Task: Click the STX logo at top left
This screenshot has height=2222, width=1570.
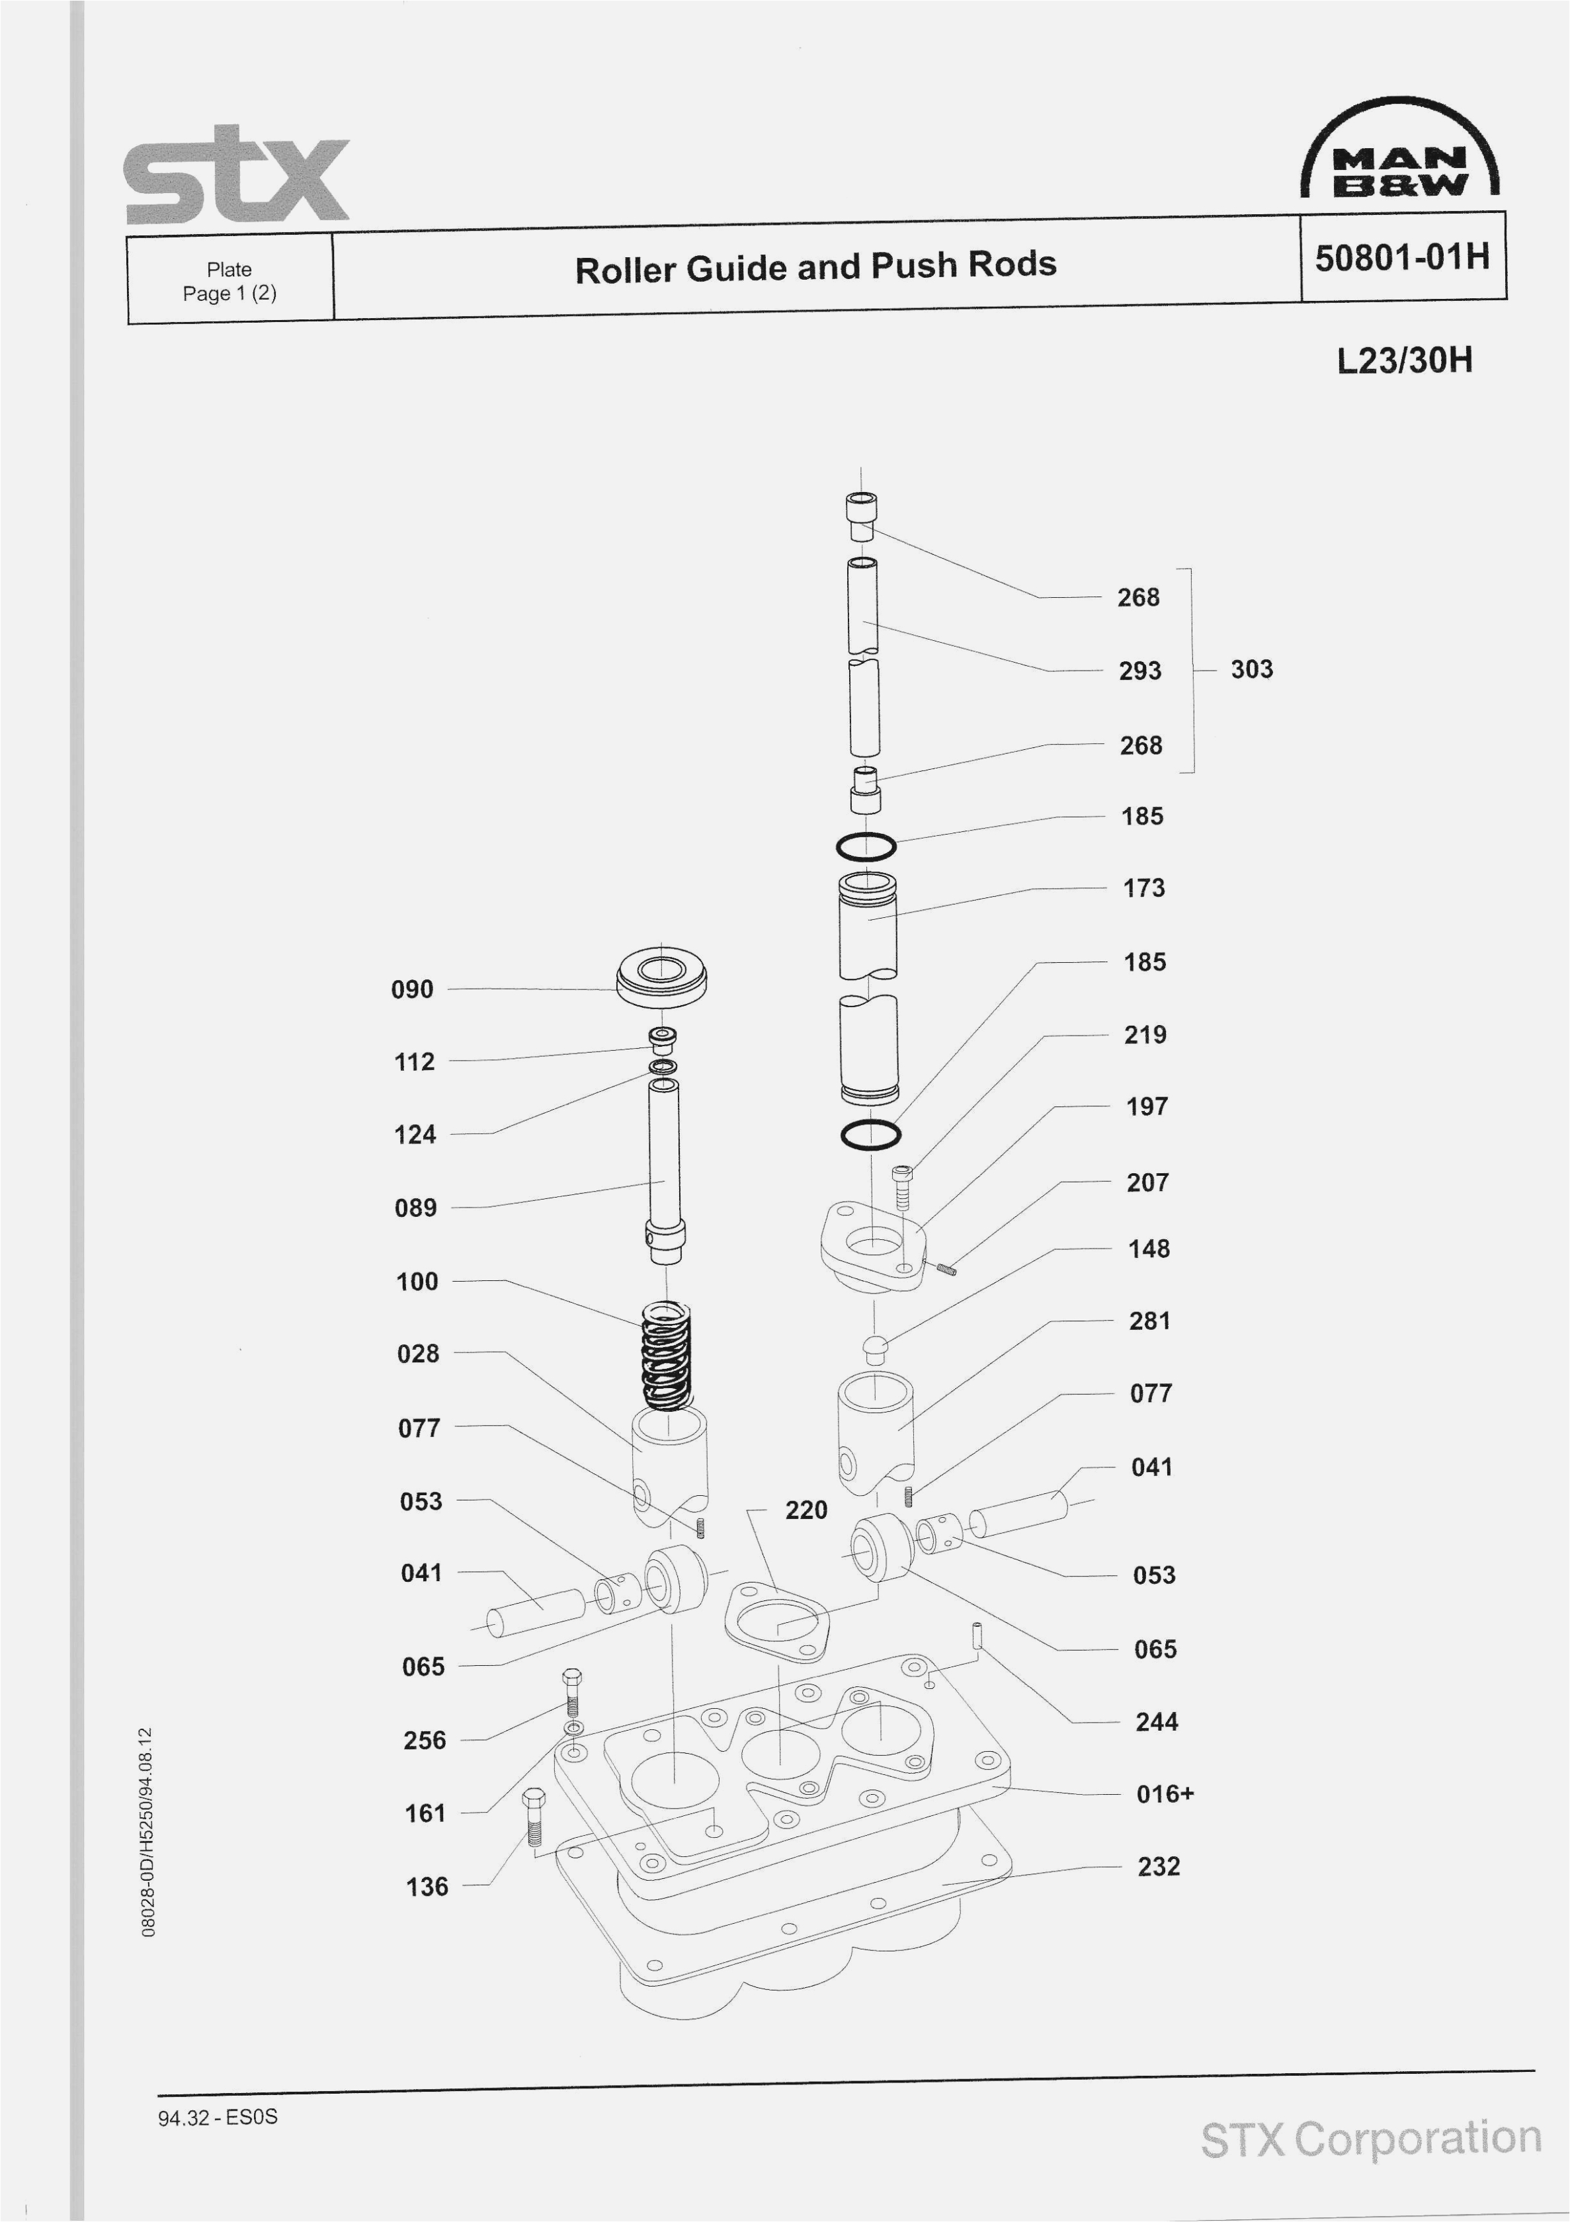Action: pyautogui.click(x=236, y=176)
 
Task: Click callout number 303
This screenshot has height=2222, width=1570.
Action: pyautogui.click(x=1251, y=669)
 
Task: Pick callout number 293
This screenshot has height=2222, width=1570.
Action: pyautogui.click(x=1139, y=671)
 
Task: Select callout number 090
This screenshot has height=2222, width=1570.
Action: pyautogui.click(x=413, y=989)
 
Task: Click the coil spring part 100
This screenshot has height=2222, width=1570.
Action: pyautogui.click(x=667, y=1356)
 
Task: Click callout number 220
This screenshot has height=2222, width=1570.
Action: pyautogui.click(x=806, y=1510)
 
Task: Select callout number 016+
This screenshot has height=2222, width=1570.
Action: pyautogui.click(x=1165, y=1793)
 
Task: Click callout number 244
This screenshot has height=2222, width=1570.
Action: pyautogui.click(x=1156, y=1721)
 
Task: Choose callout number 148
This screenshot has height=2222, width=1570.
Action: pyautogui.click(x=1148, y=1249)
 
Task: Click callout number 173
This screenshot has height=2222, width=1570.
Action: pyautogui.click(x=1143, y=887)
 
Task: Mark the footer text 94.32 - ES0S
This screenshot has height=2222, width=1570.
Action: pyautogui.click(x=218, y=2116)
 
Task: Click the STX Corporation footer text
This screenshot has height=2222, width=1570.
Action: pyautogui.click(x=1370, y=2139)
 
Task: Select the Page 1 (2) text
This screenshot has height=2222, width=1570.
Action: pyautogui.click(x=229, y=293)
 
